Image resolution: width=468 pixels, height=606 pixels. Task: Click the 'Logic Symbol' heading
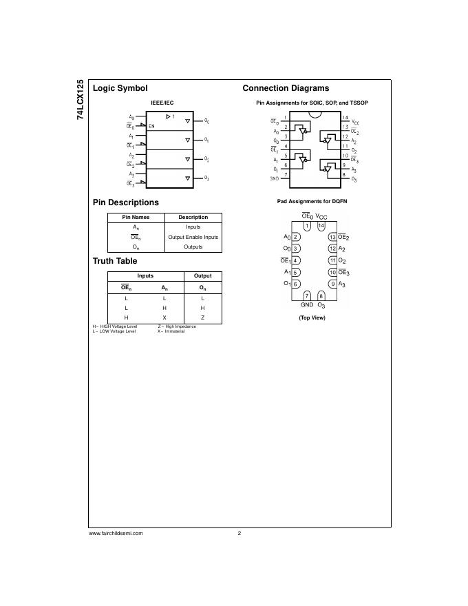120,88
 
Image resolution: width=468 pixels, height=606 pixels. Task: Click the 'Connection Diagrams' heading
286,88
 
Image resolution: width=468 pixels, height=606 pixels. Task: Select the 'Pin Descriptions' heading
125,202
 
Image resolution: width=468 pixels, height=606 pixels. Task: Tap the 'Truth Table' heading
115,261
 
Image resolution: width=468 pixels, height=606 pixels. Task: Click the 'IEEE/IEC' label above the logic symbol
162,103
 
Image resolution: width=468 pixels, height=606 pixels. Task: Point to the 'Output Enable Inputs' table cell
193,237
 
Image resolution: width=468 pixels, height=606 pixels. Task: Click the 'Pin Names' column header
136,217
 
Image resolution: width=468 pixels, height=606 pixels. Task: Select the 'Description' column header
193,217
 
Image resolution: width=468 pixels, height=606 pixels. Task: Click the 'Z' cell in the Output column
202,317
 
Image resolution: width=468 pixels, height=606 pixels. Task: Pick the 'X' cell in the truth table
164,317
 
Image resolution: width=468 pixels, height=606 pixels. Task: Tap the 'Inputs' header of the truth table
145,275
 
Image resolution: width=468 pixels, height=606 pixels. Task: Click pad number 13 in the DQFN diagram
332,238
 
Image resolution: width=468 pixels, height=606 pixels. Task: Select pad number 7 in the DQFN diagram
307,295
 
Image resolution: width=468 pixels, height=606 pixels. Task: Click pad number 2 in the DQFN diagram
295,238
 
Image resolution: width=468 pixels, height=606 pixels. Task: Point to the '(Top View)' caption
312,317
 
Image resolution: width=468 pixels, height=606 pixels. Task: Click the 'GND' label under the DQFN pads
307,304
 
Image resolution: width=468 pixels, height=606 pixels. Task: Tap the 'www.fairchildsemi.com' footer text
116,533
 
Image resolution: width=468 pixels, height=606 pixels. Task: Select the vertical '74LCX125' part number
81,100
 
